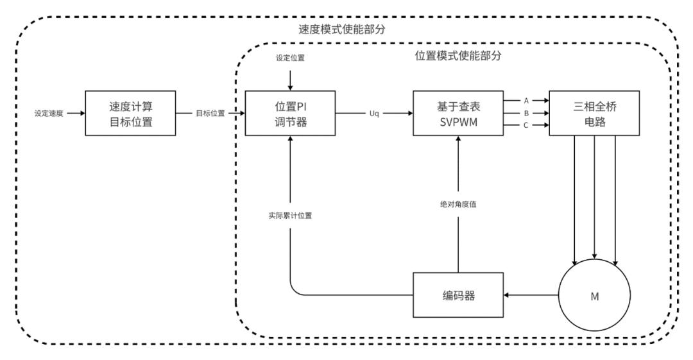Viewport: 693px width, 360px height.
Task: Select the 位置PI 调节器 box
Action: pos(291,113)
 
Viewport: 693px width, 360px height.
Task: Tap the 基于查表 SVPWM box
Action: pos(457,113)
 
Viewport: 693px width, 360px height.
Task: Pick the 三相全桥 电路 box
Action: pos(594,113)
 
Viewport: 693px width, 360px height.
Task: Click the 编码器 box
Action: pos(457,295)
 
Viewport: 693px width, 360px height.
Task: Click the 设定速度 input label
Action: pos(48,114)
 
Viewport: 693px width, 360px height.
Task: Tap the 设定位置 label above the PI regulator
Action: pos(291,58)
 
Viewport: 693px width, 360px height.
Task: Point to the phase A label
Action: pos(526,100)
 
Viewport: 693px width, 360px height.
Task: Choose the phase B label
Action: pos(526,113)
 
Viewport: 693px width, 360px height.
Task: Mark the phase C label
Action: pos(526,125)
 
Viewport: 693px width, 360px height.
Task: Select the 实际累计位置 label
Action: pos(291,216)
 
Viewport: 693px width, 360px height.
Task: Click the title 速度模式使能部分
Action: pos(346,30)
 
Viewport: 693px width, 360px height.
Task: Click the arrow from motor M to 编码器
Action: pos(533,295)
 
